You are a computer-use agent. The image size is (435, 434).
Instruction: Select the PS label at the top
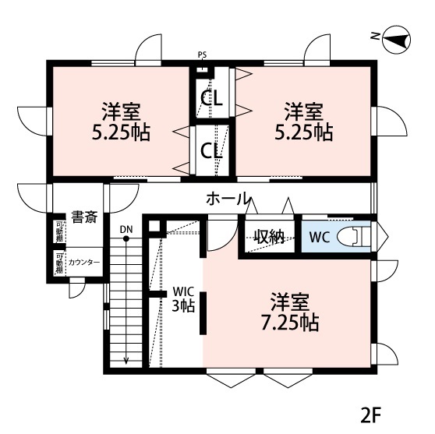(x=203, y=55)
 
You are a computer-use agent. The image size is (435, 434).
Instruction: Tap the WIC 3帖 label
(x=182, y=299)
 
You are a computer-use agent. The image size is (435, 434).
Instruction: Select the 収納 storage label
(x=269, y=237)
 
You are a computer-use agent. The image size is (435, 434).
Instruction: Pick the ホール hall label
(x=228, y=198)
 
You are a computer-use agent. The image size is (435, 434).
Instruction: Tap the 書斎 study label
(x=83, y=217)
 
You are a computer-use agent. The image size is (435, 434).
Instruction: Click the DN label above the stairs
(x=126, y=229)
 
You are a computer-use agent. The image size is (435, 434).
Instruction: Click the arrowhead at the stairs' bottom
(x=126, y=362)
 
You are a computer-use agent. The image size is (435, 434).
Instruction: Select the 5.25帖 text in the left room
(x=120, y=132)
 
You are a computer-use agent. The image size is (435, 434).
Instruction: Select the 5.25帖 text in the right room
(x=302, y=132)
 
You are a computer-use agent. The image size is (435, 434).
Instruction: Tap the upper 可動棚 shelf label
(x=59, y=232)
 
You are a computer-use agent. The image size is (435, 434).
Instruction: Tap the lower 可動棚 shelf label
(x=59, y=263)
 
